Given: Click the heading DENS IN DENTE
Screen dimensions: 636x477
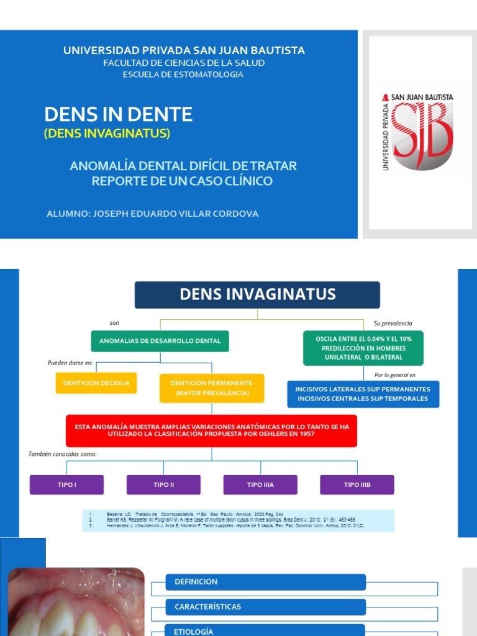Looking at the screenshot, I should pyautogui.click(x=119, y=114).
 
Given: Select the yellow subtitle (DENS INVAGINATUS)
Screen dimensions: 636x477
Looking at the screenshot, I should pyautogui.click(x=107, y=133).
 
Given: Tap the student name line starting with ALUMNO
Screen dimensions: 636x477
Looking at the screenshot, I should pyautogui.click(x=153, y=214).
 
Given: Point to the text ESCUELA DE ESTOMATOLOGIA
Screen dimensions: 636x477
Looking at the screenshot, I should pyautogui.click(x=183, y=75).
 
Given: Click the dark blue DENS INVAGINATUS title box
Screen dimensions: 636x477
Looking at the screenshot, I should pyautogui.click(x=257, y=294).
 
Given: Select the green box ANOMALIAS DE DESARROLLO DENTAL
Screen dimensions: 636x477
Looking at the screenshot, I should pyautogui.click(x=160, y=341).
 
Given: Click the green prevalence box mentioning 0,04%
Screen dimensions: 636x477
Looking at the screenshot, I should pyautogui.click(x=363, y=348).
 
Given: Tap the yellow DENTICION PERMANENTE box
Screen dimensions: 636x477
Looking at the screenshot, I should pyautogui.click(x=212, y=388).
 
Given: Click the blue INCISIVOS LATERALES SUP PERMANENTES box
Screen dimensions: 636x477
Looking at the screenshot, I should pyautogui.click(x=363, y=394).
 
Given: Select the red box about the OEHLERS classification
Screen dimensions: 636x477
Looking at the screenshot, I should pyautogui.click(x=212, y=430).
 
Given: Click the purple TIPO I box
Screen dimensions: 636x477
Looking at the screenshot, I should pyautogui.click(x=67, y=484).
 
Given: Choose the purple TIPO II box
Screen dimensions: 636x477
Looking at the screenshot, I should pyautogui.click(x=163, y=484).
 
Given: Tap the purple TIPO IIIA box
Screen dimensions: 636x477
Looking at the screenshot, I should pyautogui.click(x=260, y=484).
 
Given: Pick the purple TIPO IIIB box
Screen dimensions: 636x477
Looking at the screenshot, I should pyautogui.click(x=357, y=484).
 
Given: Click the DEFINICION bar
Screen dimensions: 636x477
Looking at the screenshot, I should pyautogui.click(x=265, y=582).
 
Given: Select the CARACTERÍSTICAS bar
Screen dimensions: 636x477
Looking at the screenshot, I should pyautogui.click(x=265, y=607).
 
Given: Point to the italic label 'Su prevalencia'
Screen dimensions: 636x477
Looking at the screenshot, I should pyautogui.click(x=393, y=324).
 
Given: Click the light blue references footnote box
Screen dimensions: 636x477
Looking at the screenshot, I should pyautogui.click(x=238, y=520).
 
